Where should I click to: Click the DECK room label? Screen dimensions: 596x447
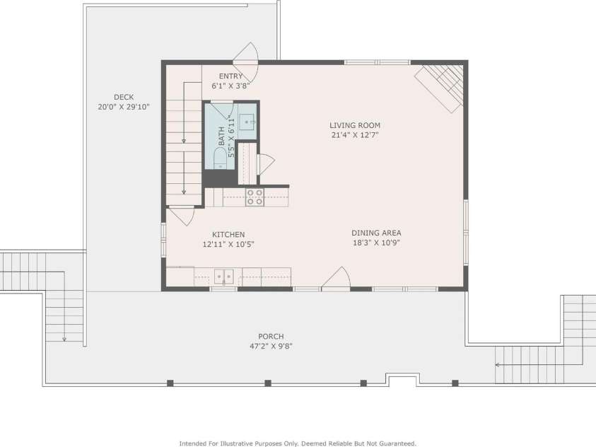[x=124, y=98]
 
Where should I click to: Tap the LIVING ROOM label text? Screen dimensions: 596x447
[x=355, y=125]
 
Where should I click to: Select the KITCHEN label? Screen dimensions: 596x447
[x=228, y=235]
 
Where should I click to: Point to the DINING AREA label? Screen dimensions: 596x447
[x=376, y=233]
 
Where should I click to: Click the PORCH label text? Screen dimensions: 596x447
[x=271, y=337]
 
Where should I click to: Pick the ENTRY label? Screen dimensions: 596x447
[x=230, y=76]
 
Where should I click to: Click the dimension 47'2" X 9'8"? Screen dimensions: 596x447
[x=271, y=347]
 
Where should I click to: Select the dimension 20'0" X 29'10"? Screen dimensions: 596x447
[x=124, y=108]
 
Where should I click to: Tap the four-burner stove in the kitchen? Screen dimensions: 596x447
[x=255, y=197]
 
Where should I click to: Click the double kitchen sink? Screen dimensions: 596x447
[x=224, y=277]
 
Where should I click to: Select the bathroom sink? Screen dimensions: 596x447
[x=248, y=122]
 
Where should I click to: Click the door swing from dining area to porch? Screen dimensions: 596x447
[x=337, y=278]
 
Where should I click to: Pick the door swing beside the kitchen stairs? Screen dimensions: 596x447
[x=182, y=216]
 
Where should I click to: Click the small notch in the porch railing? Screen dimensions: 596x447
[x=403, y=379]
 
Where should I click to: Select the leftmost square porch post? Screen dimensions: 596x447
[x=170, y=383]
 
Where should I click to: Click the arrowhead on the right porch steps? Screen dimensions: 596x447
[x=497, y=365]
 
